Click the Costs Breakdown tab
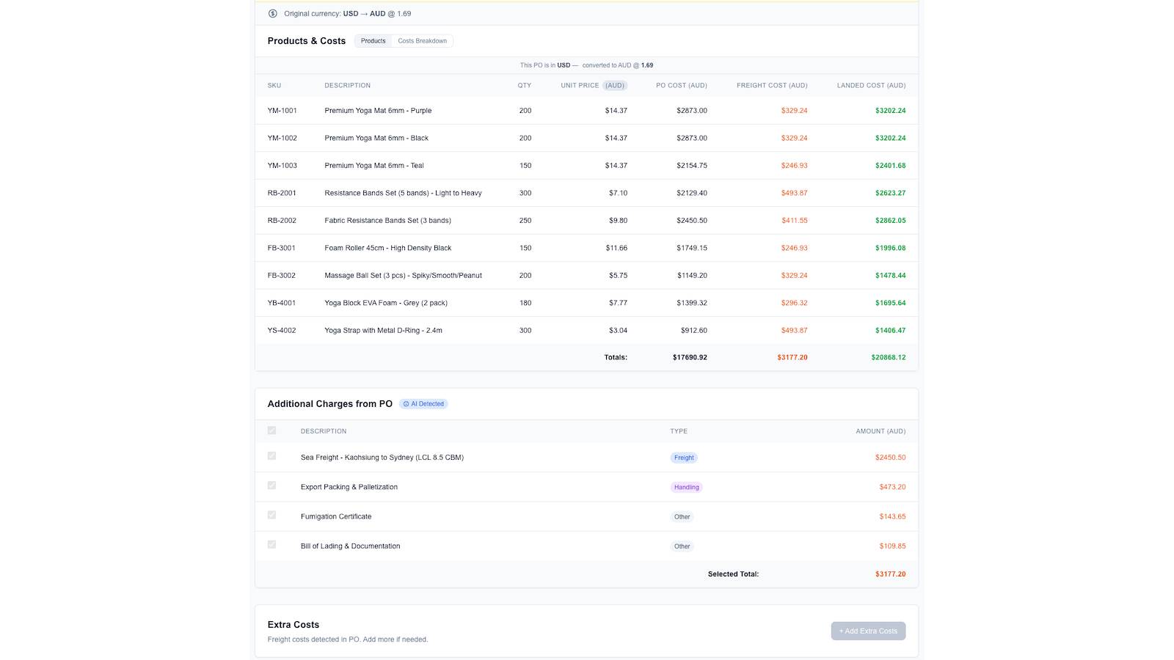click(422, 41)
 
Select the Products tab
click(373, 41)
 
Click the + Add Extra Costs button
click(868, 631)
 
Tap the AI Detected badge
click(423, 404)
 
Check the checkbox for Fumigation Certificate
click(271, 515)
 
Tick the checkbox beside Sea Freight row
click(271, 455)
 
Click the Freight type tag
click(683, 458)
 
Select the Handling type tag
click(686, 487)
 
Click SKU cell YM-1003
click(282, 166)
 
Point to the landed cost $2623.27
click(890, 193)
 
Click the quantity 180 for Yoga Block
click(525, 303)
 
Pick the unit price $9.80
click(618, 221)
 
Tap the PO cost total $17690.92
click(690, 357)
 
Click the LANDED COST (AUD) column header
click(871, 85)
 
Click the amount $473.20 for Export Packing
click(892, 487)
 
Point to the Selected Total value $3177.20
click(890, 574)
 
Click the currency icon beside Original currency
click(272, 14)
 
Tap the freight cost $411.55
click(794, 221)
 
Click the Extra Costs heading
click(293, 624)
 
